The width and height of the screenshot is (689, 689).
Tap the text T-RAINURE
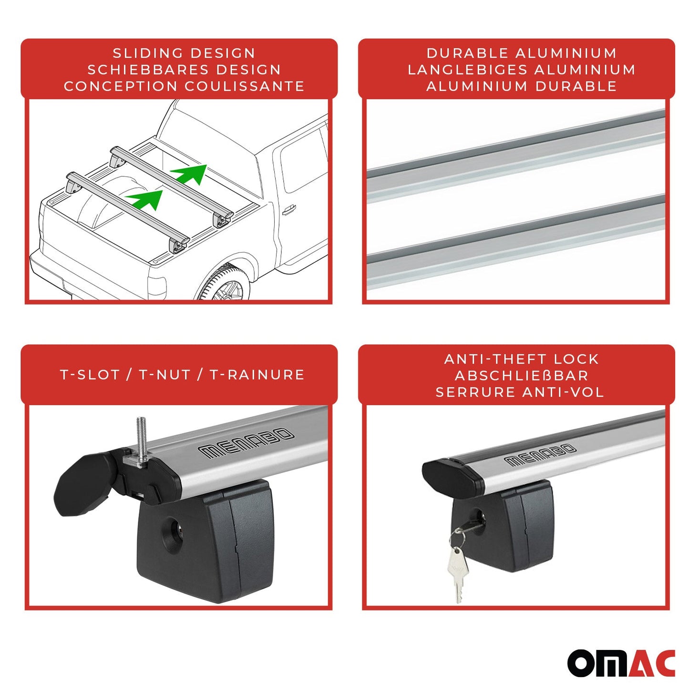click(257, 375)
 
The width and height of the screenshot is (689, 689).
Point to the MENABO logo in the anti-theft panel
click(540, 454)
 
